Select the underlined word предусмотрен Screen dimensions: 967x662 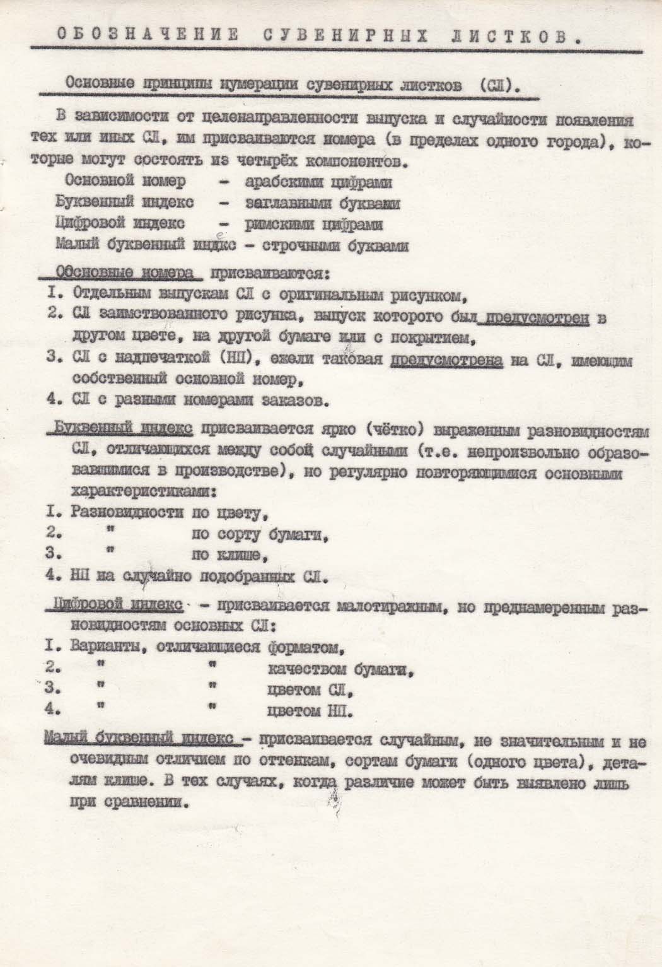coord(533,319)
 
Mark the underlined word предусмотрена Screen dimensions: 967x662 coord(447,360)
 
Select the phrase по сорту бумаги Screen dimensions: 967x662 coord(261,536)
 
